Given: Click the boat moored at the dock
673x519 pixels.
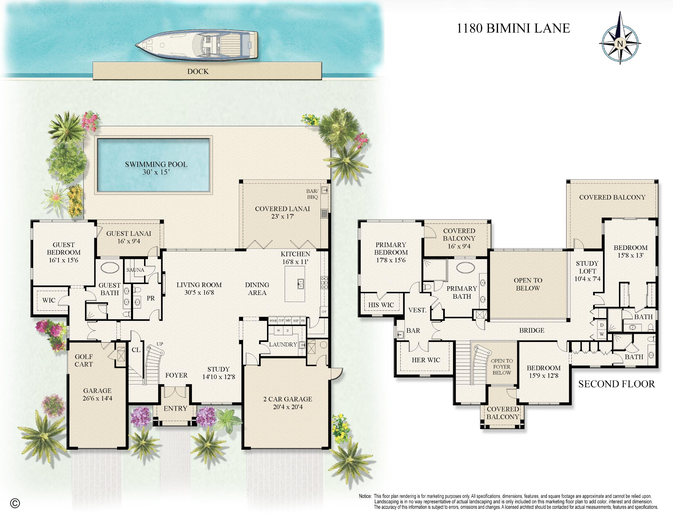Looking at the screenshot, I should coord(197,45).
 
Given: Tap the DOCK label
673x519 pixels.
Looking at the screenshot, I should coord(198,71).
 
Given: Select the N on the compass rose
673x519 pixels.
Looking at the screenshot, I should coord(620,44).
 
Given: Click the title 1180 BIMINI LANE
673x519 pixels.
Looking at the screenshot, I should coord(513,28).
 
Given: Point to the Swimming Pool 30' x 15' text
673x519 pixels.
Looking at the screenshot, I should coord(156,168).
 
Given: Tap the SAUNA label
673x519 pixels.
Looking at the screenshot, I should coord(135,270).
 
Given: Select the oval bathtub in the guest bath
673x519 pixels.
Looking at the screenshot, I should coord(110,267).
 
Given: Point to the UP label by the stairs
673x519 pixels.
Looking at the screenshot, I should coord(160,344).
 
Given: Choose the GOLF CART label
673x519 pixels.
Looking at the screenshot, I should coord(84,360).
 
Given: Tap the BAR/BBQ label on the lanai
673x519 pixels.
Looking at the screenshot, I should coord(312,194).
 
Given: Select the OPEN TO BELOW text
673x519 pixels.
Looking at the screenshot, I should coord(528,284).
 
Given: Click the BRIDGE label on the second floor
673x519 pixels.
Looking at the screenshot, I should coord(531,330).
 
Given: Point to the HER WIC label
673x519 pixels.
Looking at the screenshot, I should coord(426,360).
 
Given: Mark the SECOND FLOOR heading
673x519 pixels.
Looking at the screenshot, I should coord(616,384).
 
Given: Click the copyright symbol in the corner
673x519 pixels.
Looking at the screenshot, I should coord(15,504).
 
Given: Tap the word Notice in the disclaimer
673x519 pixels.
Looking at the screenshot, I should coord(365,496).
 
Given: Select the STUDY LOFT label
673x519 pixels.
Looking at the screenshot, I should coord(587,267).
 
